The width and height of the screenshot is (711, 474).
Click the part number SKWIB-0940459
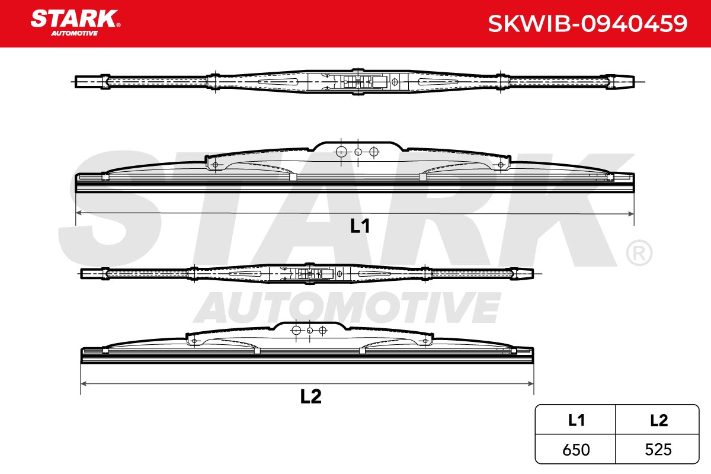pyautogui.click(x=588, y=24)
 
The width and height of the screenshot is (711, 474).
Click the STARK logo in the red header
pyautogui.click(x=75, y=23)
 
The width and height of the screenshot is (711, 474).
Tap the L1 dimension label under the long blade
pyautogui.click(x=360, y=226)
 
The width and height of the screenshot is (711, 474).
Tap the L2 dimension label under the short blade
pyautogui.click(x=310, y=396)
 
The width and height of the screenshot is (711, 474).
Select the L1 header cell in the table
pyautogui.click(x=575, y=420)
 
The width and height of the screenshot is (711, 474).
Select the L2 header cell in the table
pyautogui.click(x=657, y=420)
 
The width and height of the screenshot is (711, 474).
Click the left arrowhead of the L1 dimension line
pyautogui.click(x=78, y=212)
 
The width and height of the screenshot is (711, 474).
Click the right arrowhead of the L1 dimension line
pyautogui.click(x=631, y=214)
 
